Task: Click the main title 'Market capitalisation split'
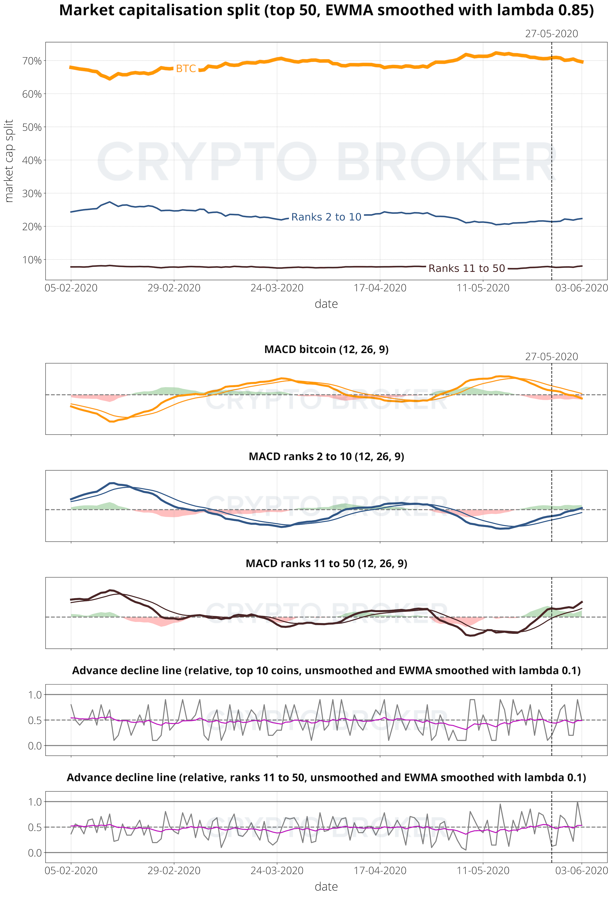click(326, 11)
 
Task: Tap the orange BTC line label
click(186, 69)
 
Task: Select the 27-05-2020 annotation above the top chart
click(551, 34)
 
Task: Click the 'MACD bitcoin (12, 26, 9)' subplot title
click(326, 349)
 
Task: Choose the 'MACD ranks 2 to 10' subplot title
click(326, 457)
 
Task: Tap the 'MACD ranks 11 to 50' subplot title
click(326, 563)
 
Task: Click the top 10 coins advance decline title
click(326, 670)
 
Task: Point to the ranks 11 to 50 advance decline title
click(326, 777)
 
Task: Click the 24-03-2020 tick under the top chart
click(277, 288)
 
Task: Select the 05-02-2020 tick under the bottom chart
click(71, 871)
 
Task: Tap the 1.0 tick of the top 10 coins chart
click(35, 695)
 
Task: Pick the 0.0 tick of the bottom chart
click(35, 853)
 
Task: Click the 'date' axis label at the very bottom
click(326, 886)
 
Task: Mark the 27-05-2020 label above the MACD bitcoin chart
click(551, 357)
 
